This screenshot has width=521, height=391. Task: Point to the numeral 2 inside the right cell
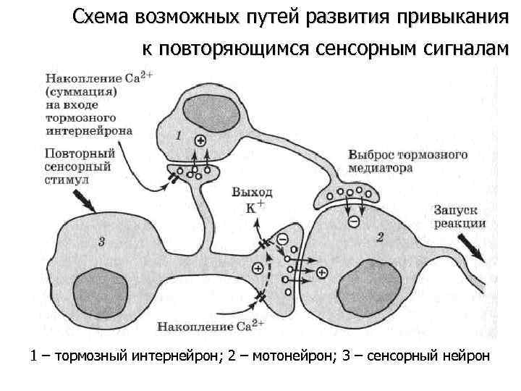381,237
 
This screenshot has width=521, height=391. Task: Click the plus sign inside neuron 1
200,141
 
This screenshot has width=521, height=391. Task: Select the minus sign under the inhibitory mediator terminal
352,222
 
